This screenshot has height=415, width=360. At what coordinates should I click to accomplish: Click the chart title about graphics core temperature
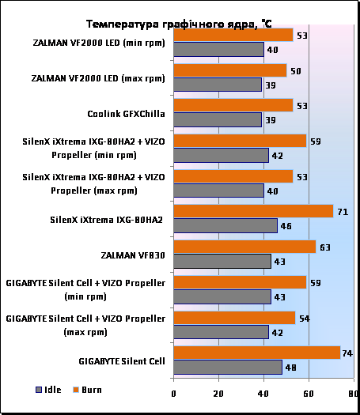point(179,24)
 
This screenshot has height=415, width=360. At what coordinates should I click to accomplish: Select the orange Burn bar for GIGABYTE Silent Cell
point(257,353)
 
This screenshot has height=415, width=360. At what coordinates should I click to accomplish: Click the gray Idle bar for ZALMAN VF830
point(222,261)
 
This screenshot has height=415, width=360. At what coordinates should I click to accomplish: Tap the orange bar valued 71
point(253,211)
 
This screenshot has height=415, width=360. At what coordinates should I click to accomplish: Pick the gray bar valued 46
point(225,226)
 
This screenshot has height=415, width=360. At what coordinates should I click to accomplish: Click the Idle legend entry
point(48,390)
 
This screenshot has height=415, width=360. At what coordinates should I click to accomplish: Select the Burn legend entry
point(87,390)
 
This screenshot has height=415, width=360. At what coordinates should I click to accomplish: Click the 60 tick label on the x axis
point(309,394)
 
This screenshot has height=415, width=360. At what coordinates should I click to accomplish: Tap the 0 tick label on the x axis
point(173,394)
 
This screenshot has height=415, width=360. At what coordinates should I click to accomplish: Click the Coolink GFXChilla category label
point(126,114)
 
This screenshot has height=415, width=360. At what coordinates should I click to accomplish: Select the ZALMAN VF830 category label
point(133,255)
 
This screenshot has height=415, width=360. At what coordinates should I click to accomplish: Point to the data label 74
point(347,353)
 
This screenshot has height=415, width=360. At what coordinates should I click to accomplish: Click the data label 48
point(290,368)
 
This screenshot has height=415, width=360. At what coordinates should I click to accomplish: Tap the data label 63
point(325,247)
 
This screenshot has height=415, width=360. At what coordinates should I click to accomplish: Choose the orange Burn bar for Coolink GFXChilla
point(233,105)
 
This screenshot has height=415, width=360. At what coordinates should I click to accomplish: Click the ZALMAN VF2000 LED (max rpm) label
point(98,78)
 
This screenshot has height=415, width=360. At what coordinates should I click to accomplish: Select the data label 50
point(296,71)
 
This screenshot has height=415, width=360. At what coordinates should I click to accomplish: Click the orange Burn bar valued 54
point(234,318)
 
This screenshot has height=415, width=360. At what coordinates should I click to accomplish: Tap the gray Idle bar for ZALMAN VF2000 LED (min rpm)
point(219,49)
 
